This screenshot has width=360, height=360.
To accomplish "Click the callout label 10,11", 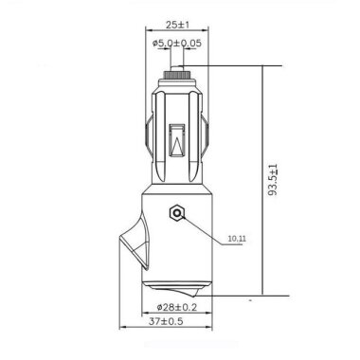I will (x=237, y=240).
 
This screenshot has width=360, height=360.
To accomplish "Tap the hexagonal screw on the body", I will (x=176, y=213).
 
